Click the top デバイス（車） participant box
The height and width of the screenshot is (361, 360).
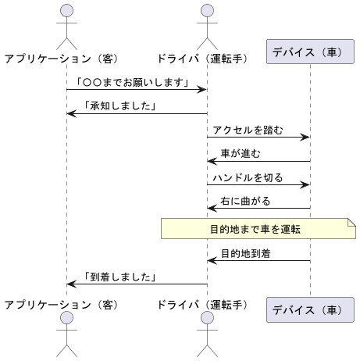310,52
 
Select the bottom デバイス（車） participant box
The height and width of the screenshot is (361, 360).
310,309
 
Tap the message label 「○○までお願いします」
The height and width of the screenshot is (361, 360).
133,82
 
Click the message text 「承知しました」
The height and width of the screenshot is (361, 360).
120,106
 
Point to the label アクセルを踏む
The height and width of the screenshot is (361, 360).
248,130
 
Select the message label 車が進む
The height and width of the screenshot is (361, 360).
241,153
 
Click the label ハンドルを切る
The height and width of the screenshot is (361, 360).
248,177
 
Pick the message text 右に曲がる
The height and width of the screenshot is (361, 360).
245,201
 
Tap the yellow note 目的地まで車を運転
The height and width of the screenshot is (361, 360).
258,229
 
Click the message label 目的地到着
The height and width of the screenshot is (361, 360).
245,253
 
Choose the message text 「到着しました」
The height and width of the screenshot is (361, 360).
120,277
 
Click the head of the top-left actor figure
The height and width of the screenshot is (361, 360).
66,10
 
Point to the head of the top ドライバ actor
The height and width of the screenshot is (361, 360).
207,10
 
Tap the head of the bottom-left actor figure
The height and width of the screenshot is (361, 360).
66,318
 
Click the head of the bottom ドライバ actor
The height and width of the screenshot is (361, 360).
207,318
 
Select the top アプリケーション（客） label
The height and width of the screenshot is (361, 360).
62,59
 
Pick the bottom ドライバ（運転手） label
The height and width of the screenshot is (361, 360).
202,305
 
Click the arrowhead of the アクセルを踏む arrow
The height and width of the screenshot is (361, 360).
305,137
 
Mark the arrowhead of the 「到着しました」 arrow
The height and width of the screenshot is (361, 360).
72,284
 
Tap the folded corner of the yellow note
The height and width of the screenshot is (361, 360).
352,222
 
